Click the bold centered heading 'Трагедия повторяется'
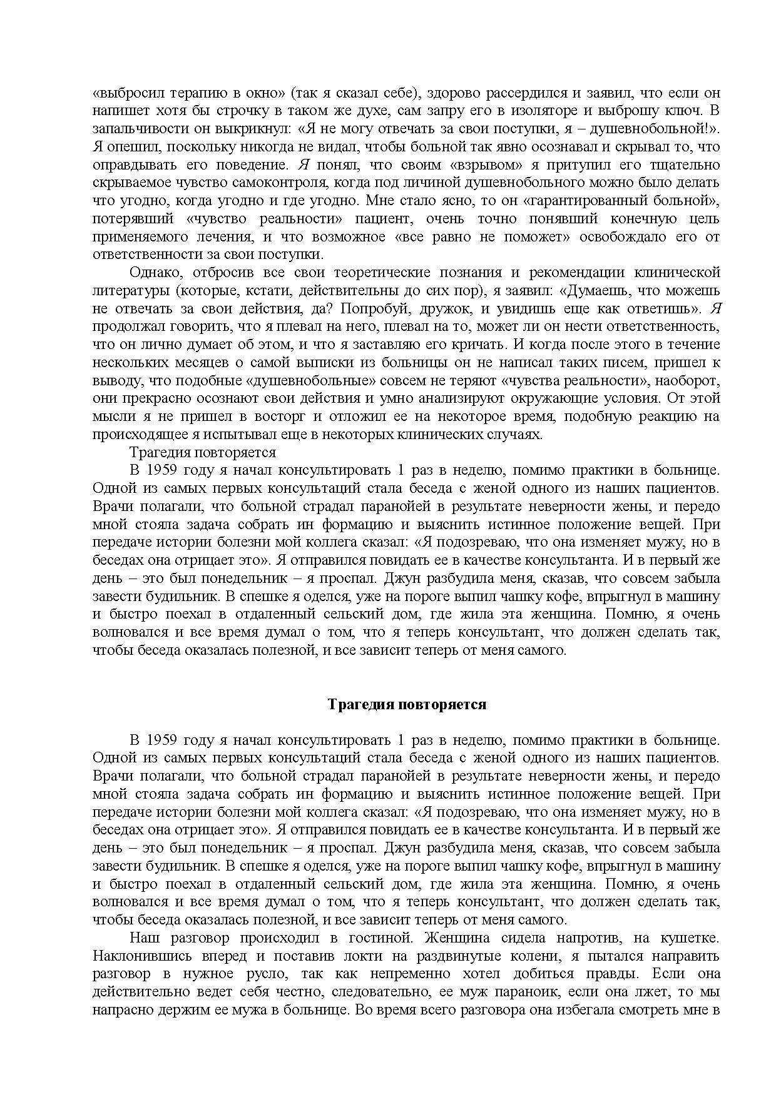(x=407, y=704)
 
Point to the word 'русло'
(x=268, y=974)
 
